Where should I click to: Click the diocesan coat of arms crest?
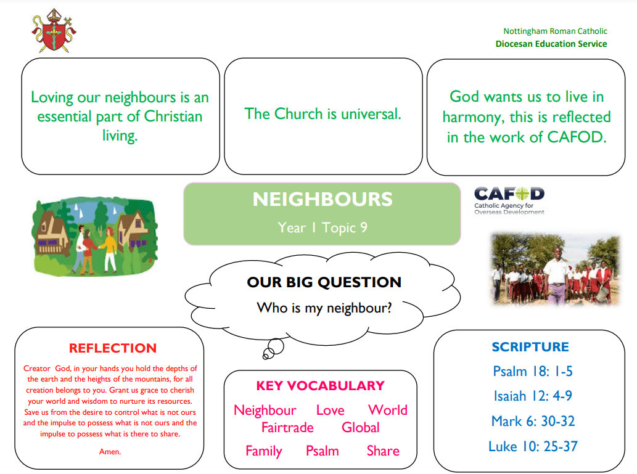pyautogui.click(x=54, y=31)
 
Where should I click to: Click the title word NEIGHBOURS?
pyautogui.click(x=323, y=200)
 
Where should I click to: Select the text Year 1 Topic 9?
pyautogui.click(x=323, y=227)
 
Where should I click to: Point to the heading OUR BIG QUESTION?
pyautogui.click(x=324, y=282)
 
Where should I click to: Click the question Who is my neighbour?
pyautogui.click(x=324, y=308)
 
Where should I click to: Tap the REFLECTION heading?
pyautogui.click(x=112, y=348)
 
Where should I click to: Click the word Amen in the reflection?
pyautogui.click(x=110, y=452)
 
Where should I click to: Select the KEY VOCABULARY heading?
pyautogui.click(x=320, y=385)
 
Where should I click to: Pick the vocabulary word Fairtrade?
pyautogui.click(x=287, y=427)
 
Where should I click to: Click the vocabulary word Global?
pyautogui.click(x=360, y=427)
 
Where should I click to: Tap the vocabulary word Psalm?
pyautogui.click(x=322, y=451)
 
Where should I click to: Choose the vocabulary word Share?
pyautogui.click(x=383, y=451)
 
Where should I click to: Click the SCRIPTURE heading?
pyautogui.click(x=530, y=347)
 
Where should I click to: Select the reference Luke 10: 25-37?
pyautogui.click(x=533, y=446)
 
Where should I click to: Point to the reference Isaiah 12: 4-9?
pyautogui.click(x=533, y=396)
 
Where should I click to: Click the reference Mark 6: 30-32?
pyautogui.click(x=533, y=421)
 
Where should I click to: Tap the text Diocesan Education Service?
pyautogui.click(x=551, y=44)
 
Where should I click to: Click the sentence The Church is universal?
pyautogui.click(x=323, y=114)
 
